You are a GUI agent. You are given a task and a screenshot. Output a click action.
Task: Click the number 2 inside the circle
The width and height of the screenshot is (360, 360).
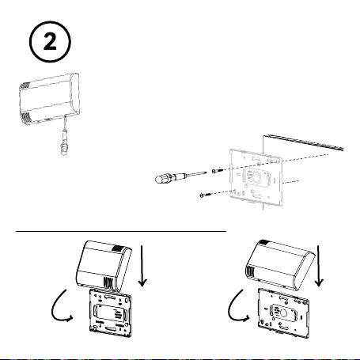[50, 42]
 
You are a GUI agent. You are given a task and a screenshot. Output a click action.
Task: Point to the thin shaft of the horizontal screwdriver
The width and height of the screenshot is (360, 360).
[196, 173]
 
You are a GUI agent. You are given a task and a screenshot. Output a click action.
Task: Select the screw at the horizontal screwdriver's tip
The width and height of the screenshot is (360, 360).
[218, 171]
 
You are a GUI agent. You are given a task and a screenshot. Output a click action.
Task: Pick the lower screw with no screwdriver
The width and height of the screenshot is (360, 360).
[206, 195]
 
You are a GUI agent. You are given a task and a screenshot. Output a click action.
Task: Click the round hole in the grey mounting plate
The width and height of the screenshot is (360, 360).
[256, 176]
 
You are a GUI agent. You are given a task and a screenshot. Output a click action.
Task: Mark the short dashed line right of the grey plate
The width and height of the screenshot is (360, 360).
[290, 182]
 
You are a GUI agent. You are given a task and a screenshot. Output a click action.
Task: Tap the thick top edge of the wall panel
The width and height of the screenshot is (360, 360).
[303, 142]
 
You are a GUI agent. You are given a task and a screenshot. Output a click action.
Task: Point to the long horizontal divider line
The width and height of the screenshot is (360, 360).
[121, 231]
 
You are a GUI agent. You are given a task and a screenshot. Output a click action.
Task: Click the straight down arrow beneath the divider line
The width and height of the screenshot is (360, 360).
[142, 266]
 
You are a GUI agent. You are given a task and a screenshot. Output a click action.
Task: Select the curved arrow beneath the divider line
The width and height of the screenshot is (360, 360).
[60, 305]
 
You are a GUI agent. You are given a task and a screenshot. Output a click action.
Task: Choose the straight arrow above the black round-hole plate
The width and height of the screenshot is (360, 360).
[319, 266]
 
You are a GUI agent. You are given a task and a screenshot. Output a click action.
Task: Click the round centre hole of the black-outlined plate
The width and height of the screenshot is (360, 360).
[283, 313]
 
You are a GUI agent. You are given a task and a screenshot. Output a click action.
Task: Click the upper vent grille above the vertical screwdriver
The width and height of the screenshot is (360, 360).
[25, 85]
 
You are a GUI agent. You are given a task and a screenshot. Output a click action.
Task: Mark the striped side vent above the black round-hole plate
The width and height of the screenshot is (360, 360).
[251, 271]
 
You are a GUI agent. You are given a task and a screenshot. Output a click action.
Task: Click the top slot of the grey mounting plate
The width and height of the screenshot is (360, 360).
[256, 159]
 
